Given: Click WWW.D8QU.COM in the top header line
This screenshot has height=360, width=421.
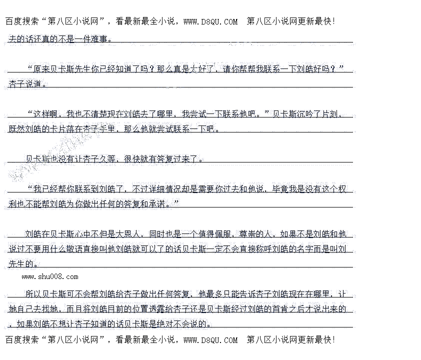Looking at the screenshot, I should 210,21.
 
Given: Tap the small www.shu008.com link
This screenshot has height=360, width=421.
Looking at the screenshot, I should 50,276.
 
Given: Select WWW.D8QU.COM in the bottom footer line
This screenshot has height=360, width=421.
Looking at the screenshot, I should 210,340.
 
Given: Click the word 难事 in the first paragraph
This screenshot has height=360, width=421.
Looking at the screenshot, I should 99,38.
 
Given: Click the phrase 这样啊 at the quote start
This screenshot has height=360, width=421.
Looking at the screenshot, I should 46,114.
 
